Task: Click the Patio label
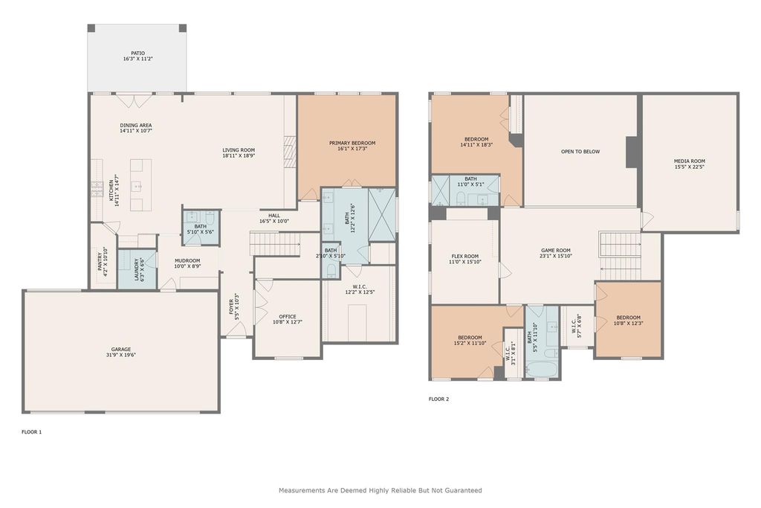pos(137,54)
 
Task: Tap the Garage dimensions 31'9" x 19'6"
pos(121,355)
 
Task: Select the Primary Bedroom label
pos(352,144)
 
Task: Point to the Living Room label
pos(239,150)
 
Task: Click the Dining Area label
pos(136,125)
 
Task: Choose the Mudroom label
pos(187,261)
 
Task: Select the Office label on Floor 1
pos(288,317)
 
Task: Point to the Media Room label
pos(689,161)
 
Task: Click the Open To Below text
pos(580,152)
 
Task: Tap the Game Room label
pos(556,251)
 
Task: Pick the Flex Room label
pos(465,257)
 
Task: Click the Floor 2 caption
pos(438,399)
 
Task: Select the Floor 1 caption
pos(32,431)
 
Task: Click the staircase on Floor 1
pos(275,242)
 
